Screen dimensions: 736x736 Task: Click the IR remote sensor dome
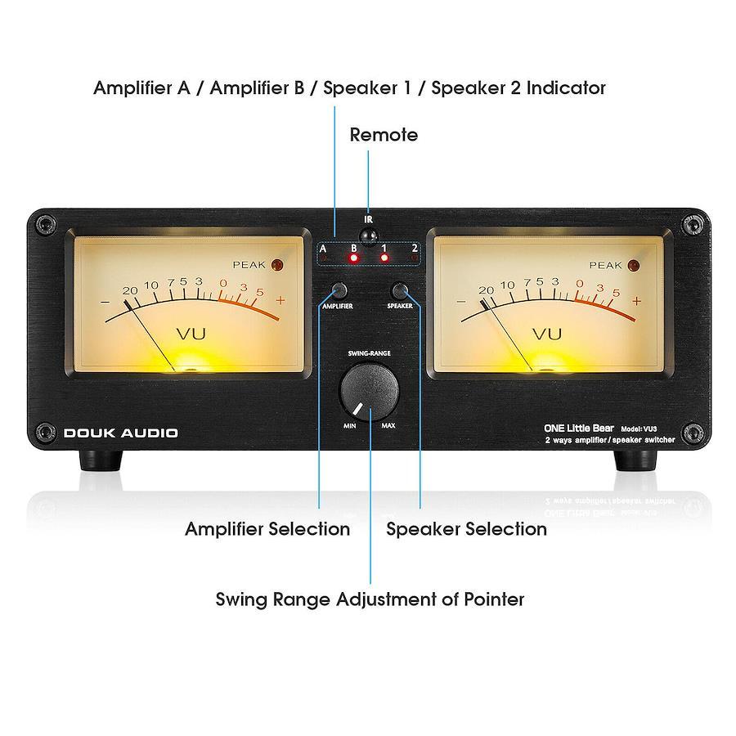coord(369,236)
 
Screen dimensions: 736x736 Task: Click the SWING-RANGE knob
coord(369,391)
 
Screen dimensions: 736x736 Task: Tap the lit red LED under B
coord(353,258)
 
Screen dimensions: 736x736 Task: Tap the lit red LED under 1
coord(384,258)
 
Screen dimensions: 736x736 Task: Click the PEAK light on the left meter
coord(277,265)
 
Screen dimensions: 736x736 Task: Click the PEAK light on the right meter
coord(634,265)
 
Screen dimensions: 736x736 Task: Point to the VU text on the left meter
coord(191,334)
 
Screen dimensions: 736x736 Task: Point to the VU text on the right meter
coord(547,334)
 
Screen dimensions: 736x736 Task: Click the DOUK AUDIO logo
coord(121,433)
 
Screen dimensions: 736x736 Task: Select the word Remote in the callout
coord(384,135)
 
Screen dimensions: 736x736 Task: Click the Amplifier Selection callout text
coord(267,529)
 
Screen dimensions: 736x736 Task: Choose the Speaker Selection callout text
coord(467,529)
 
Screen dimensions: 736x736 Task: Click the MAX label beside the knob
coord(388,426)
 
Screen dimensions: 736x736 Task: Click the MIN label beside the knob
coord(350,426)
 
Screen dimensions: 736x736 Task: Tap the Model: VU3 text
coord(639,429)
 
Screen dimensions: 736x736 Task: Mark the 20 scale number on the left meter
coord(130,290)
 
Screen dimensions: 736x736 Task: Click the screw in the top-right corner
coord(693,223)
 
